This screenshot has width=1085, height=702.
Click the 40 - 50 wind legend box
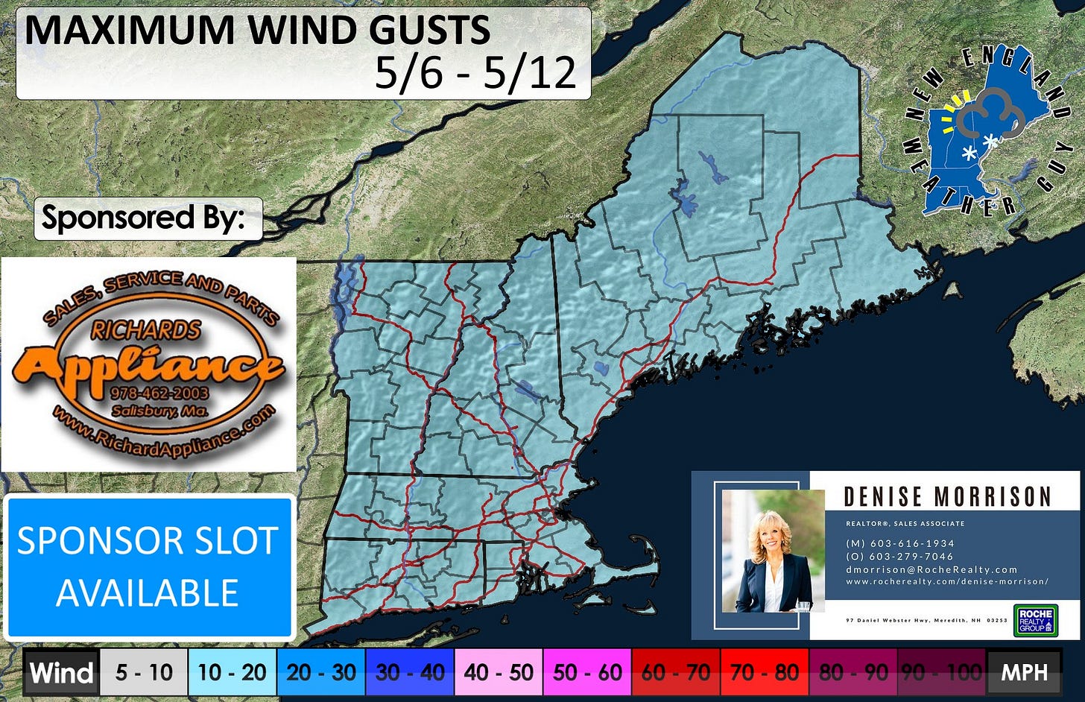tap(499, 673)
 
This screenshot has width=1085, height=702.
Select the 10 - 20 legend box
tap(232, 673)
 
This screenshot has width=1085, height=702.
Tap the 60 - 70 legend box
tap(676, 673)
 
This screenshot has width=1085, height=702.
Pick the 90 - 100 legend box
tap(942, 673)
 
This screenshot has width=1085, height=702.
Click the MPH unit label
tap(1025, 673)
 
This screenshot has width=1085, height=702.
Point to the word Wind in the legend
tap(62, 673)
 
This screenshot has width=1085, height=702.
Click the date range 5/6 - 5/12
tap(475, 73)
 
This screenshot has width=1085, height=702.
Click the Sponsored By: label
tap(143, 218)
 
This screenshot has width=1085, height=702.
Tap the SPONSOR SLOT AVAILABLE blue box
tap(148, 566)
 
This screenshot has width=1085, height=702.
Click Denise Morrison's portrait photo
tap(772, 551)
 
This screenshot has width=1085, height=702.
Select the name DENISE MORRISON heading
tap(946, 497)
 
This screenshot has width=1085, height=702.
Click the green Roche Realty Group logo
tap(1035, 619)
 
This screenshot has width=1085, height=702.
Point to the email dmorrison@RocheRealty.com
tap(931, 569)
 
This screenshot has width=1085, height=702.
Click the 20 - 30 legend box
tap(321, 673)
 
